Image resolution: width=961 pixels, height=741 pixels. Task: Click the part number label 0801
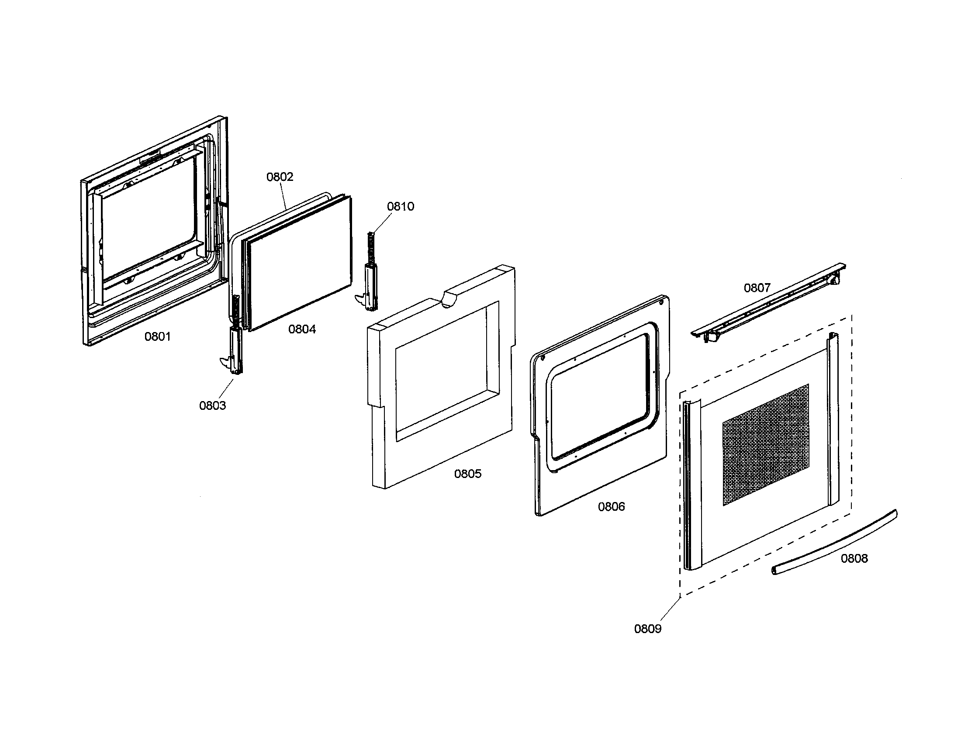(158, 336)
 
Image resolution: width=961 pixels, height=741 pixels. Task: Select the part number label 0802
(280, 177)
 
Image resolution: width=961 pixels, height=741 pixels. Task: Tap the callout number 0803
(213, 406)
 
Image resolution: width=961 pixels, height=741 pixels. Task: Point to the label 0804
(302, 329)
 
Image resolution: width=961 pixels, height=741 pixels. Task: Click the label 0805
(468, 474)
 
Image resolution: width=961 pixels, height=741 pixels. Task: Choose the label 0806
(611, 507)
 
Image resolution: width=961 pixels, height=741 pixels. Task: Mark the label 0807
(757, 288)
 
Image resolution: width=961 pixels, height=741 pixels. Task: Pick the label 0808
(854, 559)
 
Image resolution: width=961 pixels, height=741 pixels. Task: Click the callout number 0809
(648, 629)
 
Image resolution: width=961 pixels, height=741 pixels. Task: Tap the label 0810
(401, 207)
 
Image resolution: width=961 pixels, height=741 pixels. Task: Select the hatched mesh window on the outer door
(766, 444)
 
